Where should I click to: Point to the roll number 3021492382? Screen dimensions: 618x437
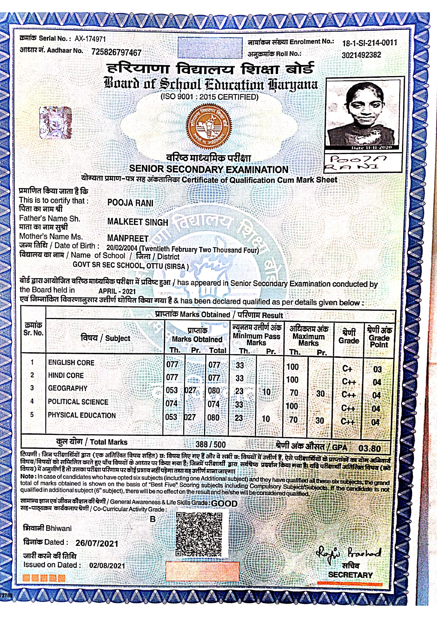point(361,55)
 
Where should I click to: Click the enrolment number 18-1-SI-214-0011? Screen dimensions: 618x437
point(370,43)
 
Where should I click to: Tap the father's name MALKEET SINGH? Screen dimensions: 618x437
point(137,222)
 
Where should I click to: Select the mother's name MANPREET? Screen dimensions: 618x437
point(128,238)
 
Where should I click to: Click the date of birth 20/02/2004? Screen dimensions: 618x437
point(122,249)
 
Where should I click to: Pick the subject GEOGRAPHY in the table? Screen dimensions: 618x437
point(68,388)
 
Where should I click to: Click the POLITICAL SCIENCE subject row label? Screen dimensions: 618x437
point(78,402)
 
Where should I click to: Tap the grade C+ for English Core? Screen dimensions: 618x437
point(347,369)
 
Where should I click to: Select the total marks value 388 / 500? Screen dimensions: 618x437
point(210,444)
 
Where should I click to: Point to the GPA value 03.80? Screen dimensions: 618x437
point(369,448)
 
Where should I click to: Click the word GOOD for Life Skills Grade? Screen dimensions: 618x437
point(224,504)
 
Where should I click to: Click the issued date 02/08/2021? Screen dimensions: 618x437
point(107,566)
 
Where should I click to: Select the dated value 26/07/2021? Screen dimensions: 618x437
point(97,543)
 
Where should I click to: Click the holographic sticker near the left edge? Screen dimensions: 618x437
point(55,123)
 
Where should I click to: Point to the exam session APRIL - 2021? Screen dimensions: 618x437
point(117,291)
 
